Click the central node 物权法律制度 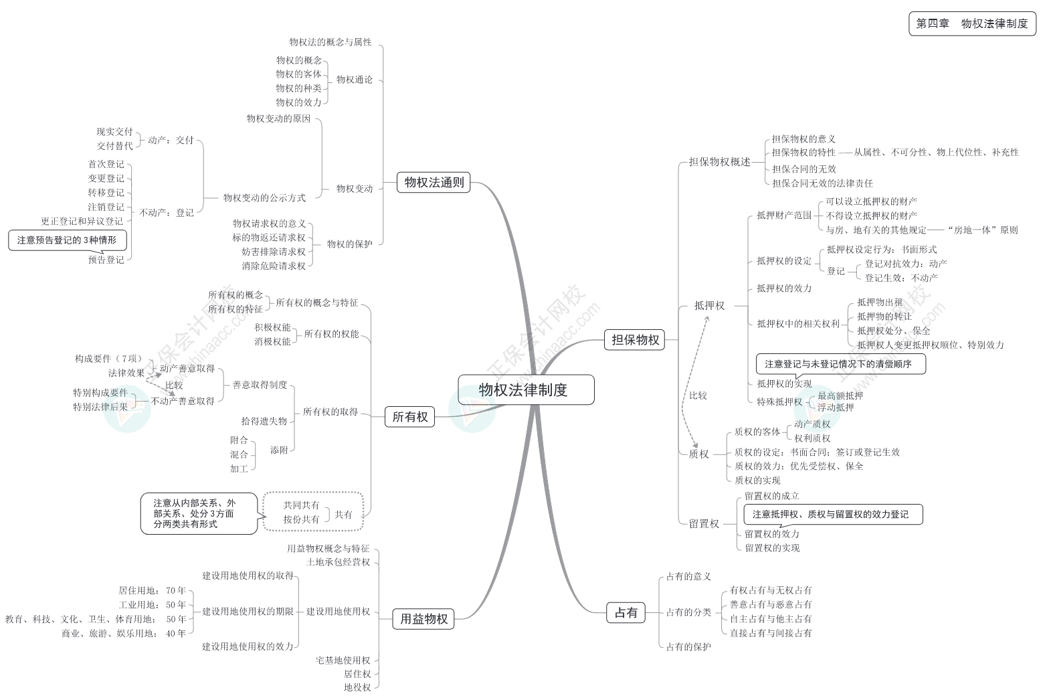click(x=526, y=389)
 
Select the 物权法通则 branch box click(x=434, y=182)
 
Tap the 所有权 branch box click(x=409, y=417)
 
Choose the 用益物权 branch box click(x=423, y=619)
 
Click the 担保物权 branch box click(x=635, y=340)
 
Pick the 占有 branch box click(x=626, y=612)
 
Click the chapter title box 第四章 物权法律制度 click(x=971, y=23)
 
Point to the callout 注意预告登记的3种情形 click(x=67, y=240)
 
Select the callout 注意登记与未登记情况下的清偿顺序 click(x=840, y=364)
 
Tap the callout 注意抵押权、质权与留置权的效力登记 click(x=833, y=514)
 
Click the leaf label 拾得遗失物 click(x=264, y=421)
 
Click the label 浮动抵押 click(x=836, y=407)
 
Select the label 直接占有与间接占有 click(x=771, y=632)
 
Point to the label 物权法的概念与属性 click(x=330, y=42)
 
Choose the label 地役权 click(x=357, y=687)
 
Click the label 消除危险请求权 click(x=274, y=266)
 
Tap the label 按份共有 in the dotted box click(x=301, y=519)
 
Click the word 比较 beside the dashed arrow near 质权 click(x=698, y=396)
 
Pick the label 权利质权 click(x=812, y=438)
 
